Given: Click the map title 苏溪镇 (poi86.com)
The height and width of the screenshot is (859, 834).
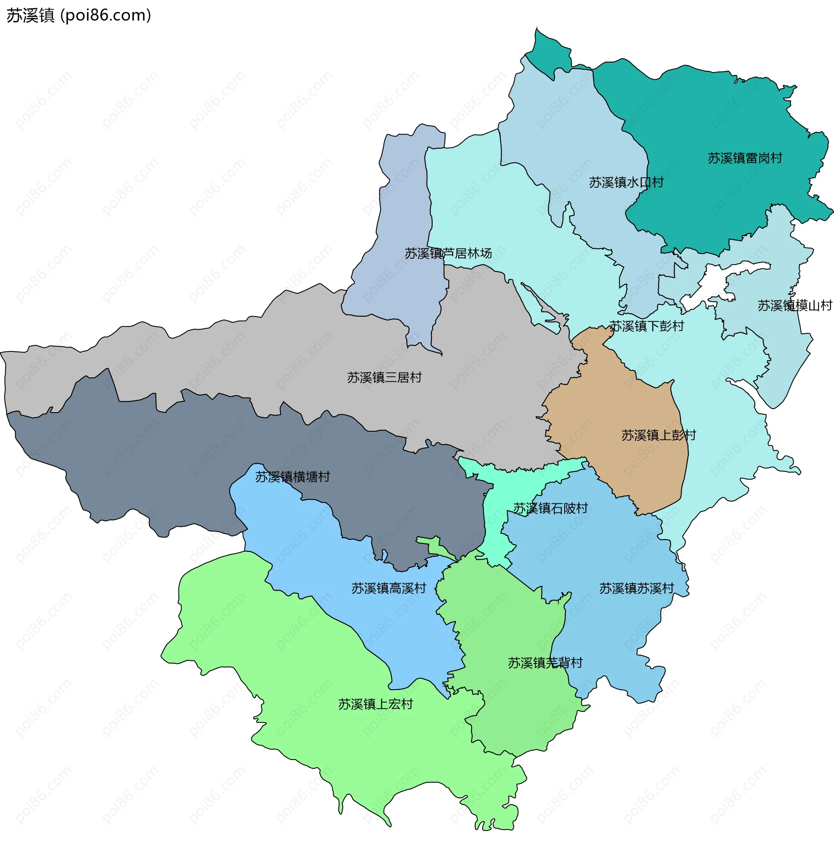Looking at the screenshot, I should pyautogui.click(x=79, y=16).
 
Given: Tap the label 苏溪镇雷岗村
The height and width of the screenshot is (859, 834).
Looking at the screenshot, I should pyautogui.click(x=745, y=158).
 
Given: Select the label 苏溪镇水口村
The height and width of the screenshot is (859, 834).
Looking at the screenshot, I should pyautogui.click(x=626, y=182).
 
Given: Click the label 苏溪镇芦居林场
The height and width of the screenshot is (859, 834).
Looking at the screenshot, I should pyautogui.click(x=448, y=253).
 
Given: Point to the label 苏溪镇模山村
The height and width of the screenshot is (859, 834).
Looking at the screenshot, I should pyautogui.click(x=794, y=305).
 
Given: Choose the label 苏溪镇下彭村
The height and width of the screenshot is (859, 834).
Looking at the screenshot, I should pyautogui.click(x=646, y=326).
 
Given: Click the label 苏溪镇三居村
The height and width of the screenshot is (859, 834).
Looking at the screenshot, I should pyautogui.click(x=384, y=377).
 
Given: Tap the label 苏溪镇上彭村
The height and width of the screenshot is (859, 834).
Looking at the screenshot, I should pyautogui.click(x=658, y=435).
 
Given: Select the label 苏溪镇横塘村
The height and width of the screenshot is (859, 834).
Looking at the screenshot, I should pyautogui.click(x=293, y=477).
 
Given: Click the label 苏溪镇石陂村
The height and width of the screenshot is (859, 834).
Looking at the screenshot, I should pyautogui.click(x=550, y=509).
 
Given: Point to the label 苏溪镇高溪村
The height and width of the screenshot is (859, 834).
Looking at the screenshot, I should pyautogui.click(x=389, y=588).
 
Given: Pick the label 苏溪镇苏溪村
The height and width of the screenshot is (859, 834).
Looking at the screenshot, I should pyautogui.click(x=636, y=588).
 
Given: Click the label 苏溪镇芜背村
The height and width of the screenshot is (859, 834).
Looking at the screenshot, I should pyautogui.click(x=545, y=663).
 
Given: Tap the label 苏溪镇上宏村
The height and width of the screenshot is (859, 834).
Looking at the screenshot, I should pyautogui.click(x=376, y=704).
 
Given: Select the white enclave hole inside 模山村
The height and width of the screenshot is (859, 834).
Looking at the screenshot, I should pyautogui.click(x=719, y=281).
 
